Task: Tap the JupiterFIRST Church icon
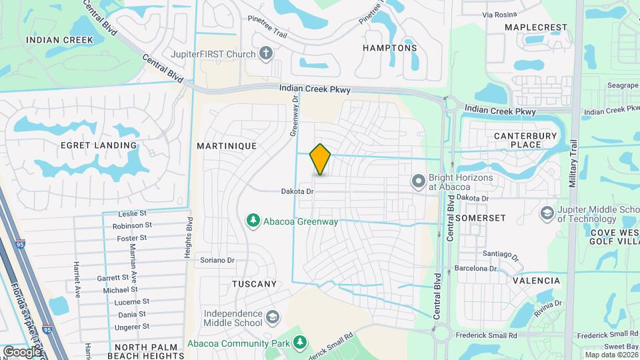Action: pos(266,53)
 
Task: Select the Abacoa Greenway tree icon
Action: pos(253,221)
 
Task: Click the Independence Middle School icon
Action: pos(271,316)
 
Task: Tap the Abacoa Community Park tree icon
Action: pos(301,343)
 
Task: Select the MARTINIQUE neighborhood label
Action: pos(227,145)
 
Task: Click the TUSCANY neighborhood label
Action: pos(254,284)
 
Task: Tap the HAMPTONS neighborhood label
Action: pos(389,48)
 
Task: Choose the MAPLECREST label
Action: pos(535,27)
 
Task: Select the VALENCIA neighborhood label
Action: pos(535,281)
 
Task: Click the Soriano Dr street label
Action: pos(218,260)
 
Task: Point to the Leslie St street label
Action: pos(132,214)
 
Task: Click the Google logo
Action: pos(22,351)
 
